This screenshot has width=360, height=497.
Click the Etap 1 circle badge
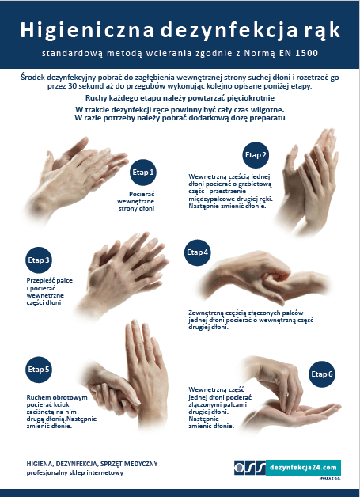(143, 173)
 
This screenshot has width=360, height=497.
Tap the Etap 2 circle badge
(256, 155)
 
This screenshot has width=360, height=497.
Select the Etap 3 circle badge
(38, 260)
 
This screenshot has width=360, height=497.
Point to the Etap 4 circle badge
(198, 252)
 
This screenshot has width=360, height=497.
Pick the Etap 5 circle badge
(38, 370)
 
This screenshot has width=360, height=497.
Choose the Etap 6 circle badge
(322, 374)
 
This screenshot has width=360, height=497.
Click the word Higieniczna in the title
(87, 31)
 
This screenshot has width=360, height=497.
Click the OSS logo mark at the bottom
(250, 468)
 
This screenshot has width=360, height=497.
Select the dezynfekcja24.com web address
(303, 468)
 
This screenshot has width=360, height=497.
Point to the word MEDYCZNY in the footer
(142, 464)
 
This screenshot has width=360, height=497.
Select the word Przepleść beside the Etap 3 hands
(40, 280)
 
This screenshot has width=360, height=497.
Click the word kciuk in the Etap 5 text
(62, 404)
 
